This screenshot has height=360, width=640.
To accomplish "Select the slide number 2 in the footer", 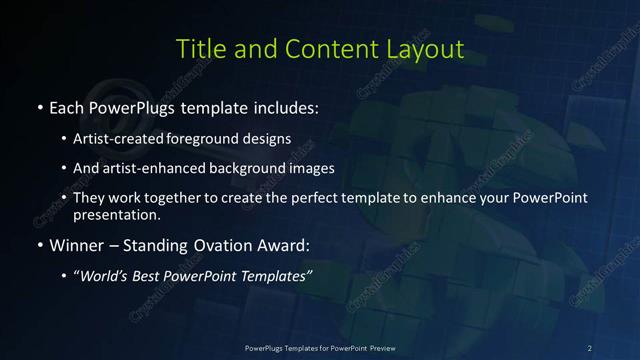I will click(x=590, y=347).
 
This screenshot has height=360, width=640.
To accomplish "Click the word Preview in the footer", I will click(x=376, y=347).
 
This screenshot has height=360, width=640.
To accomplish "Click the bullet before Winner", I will click(x=39, y=244).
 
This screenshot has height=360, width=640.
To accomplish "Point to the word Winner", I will click(x=83, y=244).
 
